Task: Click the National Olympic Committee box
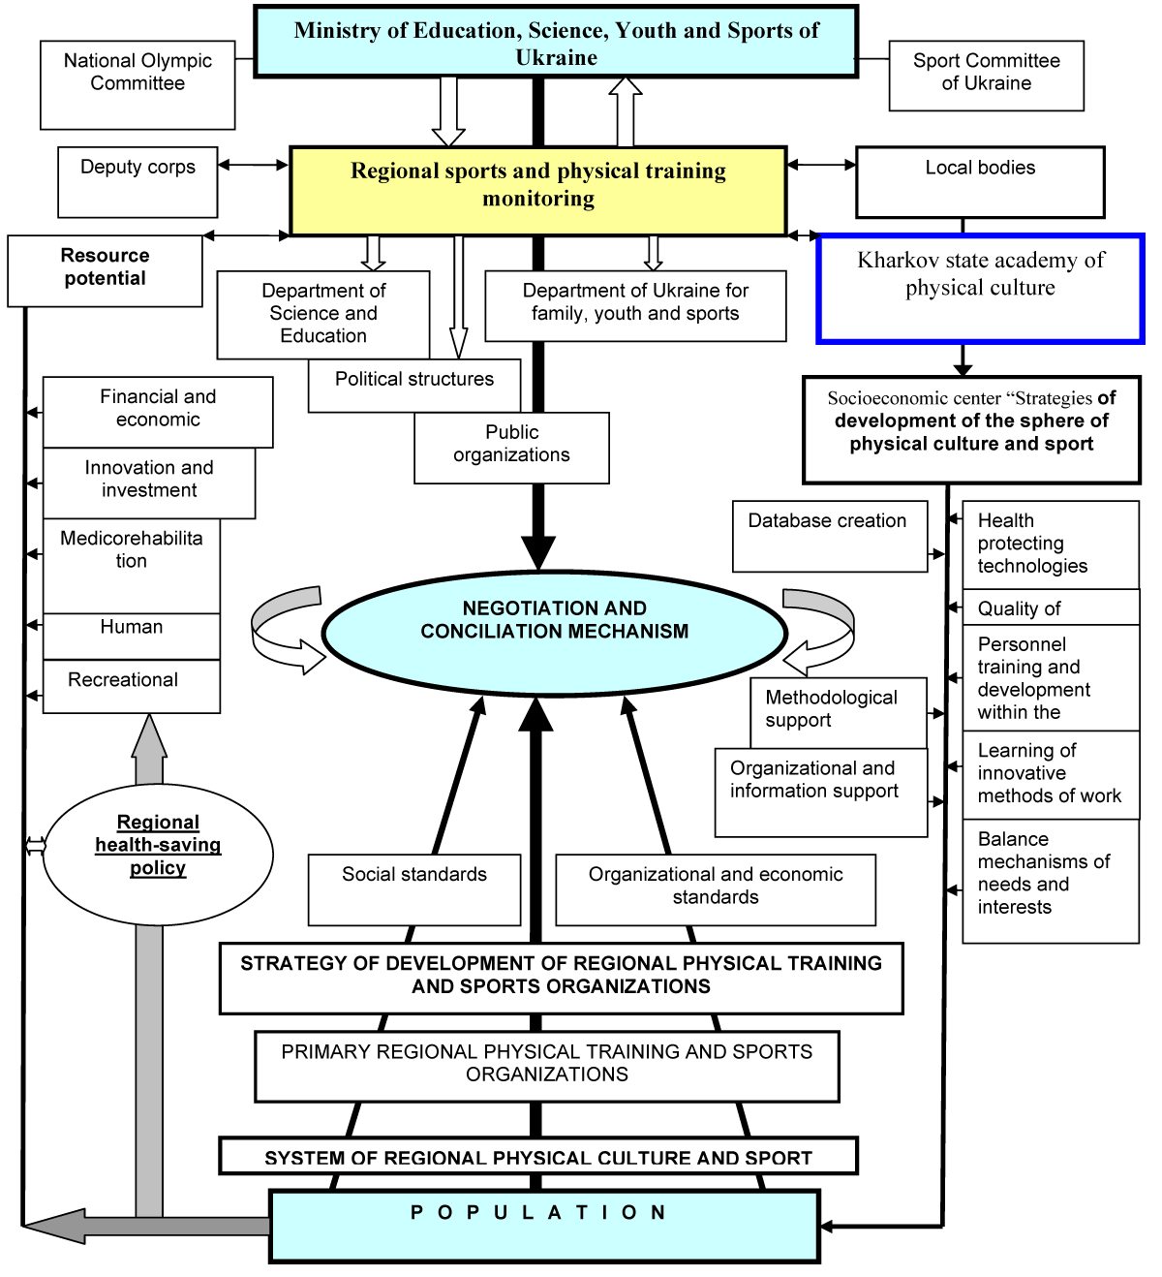(138, 85)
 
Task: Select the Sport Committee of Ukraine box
(986, 76)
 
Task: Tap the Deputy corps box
(138, 182)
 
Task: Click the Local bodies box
(980, 182)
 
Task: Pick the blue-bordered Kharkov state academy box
(980, 289)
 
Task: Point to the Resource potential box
(105, 271)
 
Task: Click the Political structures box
(414, 386)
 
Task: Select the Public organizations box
(511, 448)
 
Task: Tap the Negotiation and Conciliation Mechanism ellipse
(554, 632)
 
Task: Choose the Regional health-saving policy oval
(158, 853)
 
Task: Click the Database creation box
(830, 536)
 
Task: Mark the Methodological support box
(838, 712)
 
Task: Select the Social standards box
(414, 889)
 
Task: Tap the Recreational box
(132, 687)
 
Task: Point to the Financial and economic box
(158, 412)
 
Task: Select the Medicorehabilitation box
(132, 566)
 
